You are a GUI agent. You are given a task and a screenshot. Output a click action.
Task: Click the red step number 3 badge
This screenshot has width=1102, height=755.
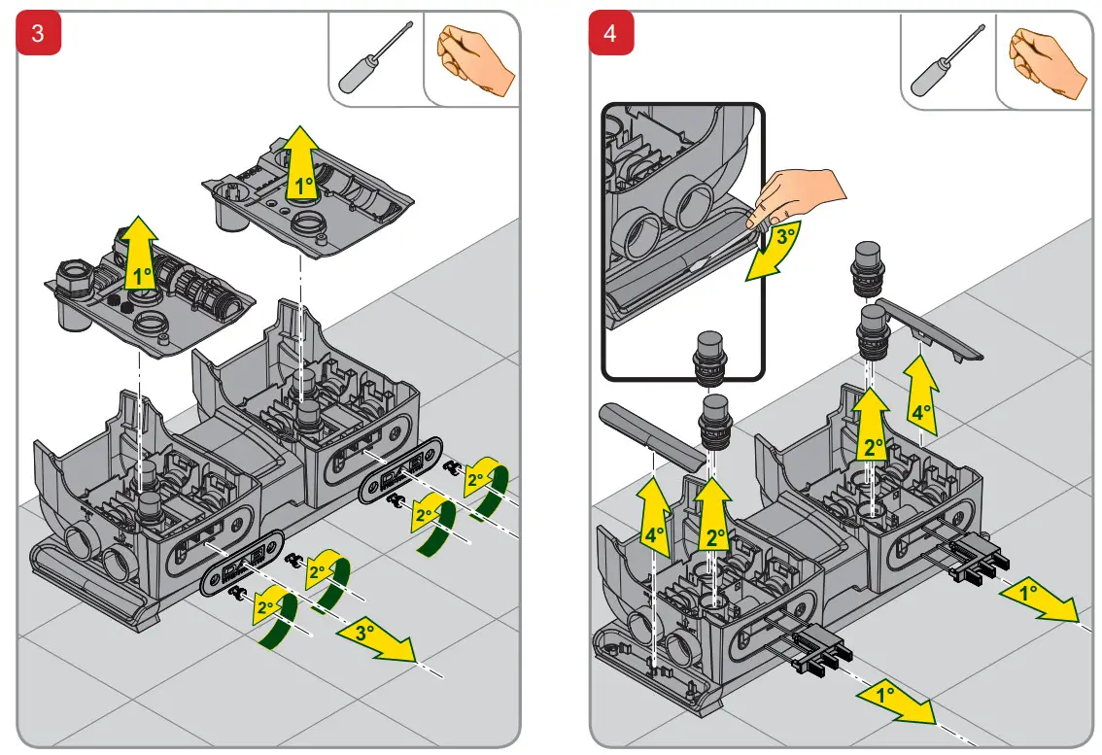[38, 34]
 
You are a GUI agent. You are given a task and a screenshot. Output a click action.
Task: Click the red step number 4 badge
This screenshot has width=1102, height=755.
[610, 34]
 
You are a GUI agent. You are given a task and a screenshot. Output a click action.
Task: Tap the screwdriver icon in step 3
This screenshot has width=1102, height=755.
[375, 58]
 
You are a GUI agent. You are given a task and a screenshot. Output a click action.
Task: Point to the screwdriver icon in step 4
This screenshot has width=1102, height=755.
[947, 58]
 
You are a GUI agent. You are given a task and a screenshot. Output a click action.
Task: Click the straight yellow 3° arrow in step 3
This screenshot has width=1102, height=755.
[374, 640]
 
